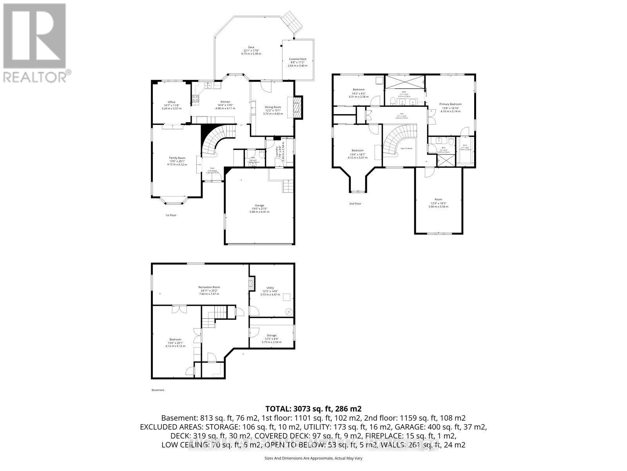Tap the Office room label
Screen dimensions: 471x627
(171, 102)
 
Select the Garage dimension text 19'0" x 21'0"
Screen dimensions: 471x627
(259, 208)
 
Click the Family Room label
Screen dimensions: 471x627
(177, 158)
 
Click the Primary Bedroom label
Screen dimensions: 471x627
(450, 104)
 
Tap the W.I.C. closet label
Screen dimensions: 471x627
(465, 145)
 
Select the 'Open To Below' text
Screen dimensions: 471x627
(406, 148)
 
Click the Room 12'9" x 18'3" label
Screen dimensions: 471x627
(438, 199)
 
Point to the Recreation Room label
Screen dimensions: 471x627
(209, 287)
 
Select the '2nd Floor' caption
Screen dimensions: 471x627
(355, 204)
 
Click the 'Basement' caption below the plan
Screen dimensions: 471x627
(158, 390)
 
